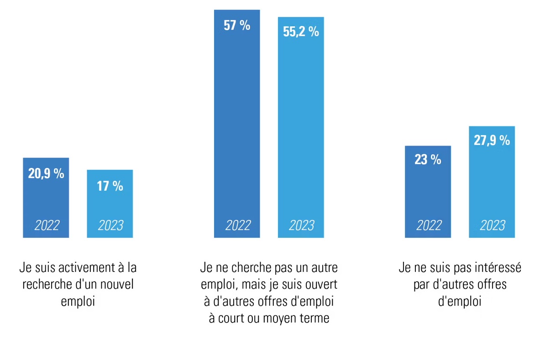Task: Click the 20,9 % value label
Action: click(x=46, y=174)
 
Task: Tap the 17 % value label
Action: click(x=110, y=186)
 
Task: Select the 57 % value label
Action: click(x=237, y=26)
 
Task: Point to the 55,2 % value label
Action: click(x=301, y=32)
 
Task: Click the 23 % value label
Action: click(x=428, y=160)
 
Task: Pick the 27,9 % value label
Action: click(x=492, y=141)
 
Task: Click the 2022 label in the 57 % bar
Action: click(x=238, y=225)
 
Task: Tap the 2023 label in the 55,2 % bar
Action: click(x=301, y=225)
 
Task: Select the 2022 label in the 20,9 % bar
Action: click(x=47, y=225)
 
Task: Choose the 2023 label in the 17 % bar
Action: click(x=110, y=225)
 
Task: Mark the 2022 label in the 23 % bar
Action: click(x=429, y=225)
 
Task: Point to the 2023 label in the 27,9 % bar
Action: click(x=493, y=225)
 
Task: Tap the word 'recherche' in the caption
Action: click(x=46, y=284)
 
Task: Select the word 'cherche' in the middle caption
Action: click(x=250, y=267)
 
